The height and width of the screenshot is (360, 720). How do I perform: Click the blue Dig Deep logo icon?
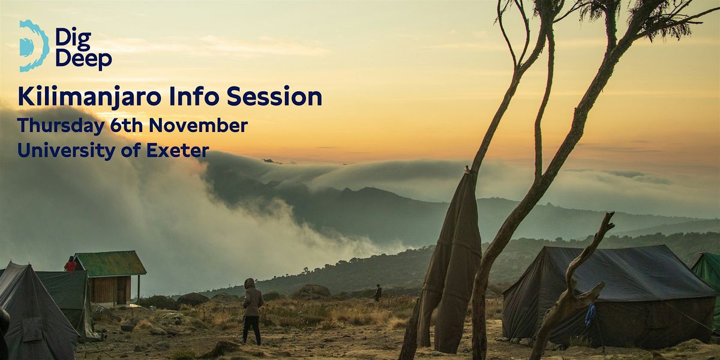click(33, 46)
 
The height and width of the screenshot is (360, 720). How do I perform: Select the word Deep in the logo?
click(83, 59)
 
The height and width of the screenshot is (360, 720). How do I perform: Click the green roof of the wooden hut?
click(111, 263)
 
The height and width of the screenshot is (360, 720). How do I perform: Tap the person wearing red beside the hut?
click(71, 264)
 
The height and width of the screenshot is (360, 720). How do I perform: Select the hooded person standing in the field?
click(252, 309)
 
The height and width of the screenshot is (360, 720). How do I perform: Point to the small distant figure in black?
click(378, 293)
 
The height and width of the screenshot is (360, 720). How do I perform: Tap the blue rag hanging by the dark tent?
click(591, 314)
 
